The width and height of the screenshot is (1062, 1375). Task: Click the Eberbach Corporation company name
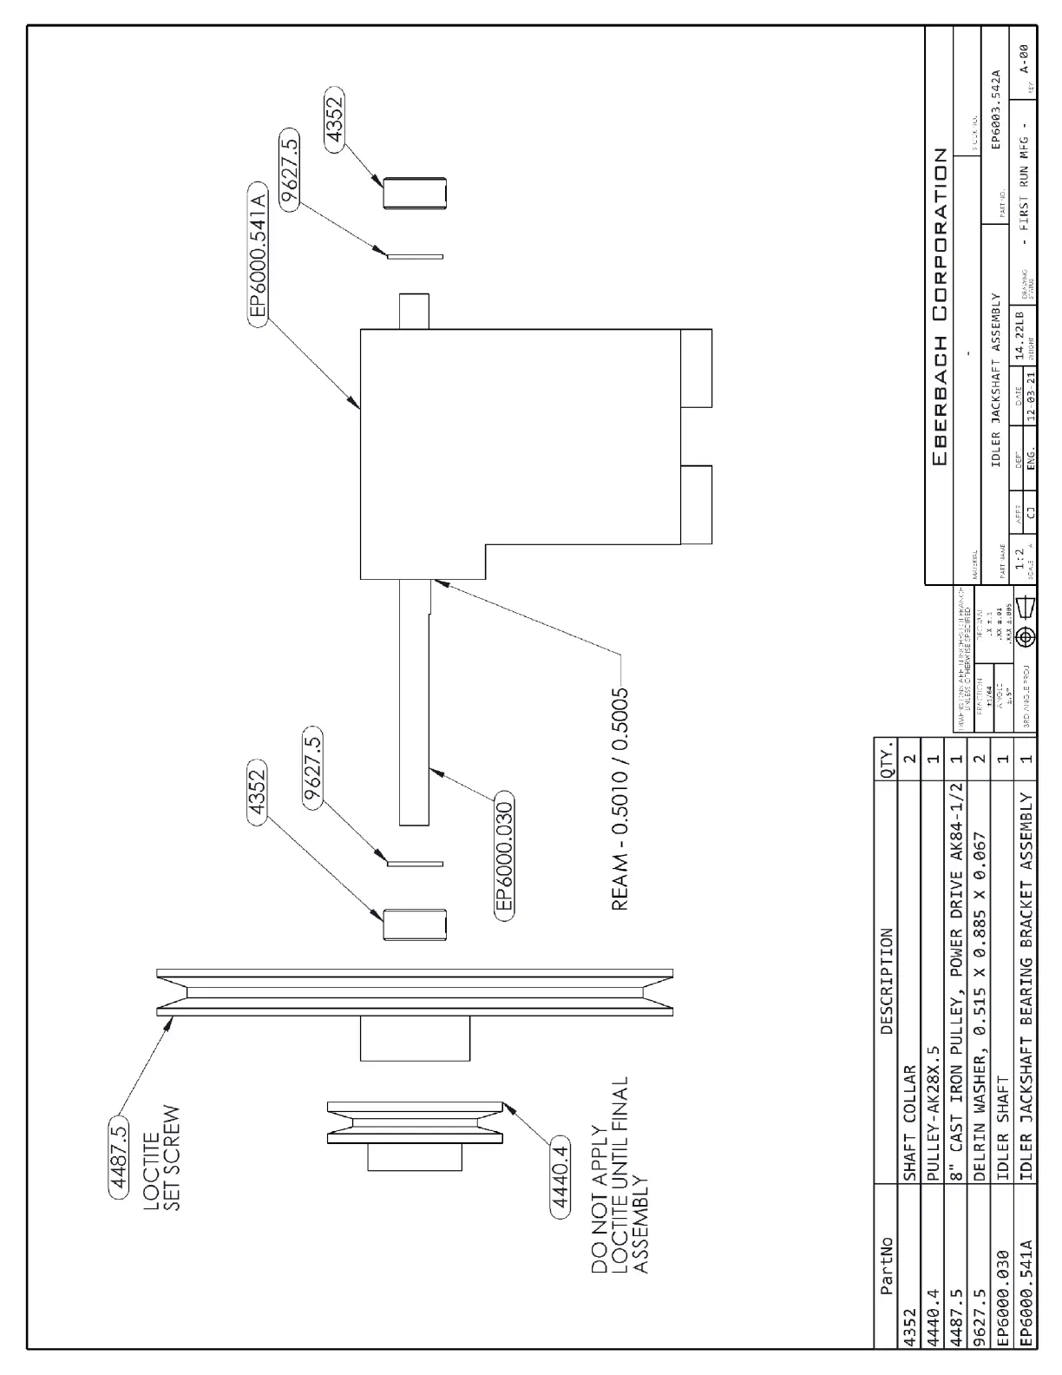pos(940,308)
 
